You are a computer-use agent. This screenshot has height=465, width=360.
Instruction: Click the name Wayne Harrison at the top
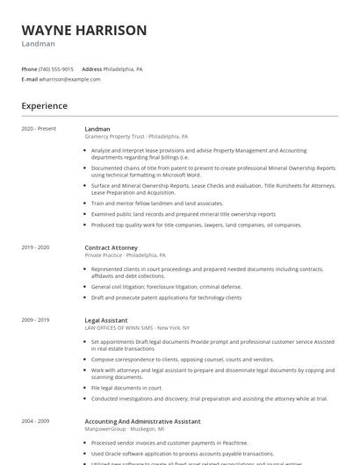point(83,30)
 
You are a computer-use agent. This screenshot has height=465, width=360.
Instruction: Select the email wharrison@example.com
point(70,79)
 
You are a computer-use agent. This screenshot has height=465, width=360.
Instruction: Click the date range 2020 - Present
point(39,129)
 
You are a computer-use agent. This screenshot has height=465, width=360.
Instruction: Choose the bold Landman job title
point(97,129)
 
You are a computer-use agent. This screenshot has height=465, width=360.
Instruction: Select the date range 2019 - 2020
point(36,247)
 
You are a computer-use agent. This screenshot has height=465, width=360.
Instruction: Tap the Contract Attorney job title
point(112,247)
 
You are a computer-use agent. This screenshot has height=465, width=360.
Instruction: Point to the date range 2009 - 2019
point(36,321)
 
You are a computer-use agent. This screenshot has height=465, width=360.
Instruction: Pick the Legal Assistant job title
point(105,321)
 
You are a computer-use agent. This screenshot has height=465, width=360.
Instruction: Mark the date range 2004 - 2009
point(36,421)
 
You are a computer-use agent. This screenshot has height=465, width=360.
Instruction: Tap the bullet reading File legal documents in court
point(127,387)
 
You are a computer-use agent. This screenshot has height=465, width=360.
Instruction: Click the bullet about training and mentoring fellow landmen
point(157,203)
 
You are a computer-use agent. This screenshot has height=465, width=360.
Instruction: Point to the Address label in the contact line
point(92,68)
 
